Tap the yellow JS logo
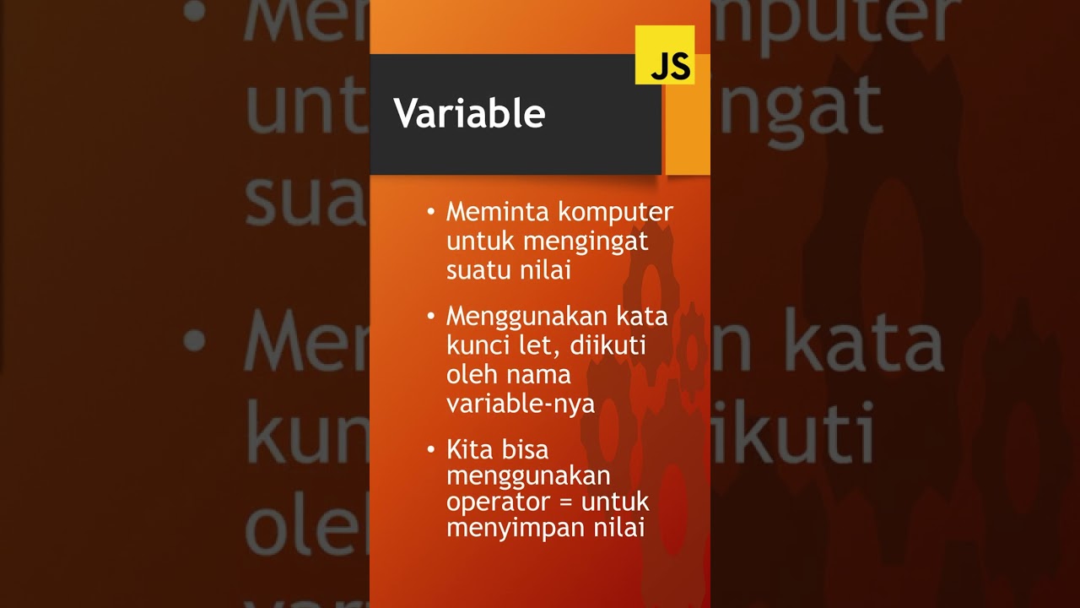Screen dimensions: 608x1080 click(x=665, y=56)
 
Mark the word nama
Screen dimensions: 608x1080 click(x=541, y=374)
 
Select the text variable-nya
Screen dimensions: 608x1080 click(x=521, y=404)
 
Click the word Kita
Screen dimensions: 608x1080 click(x=469, y=449)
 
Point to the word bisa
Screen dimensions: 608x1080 click(x=525, y=449)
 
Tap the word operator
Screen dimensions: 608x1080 click(x=499, y=502)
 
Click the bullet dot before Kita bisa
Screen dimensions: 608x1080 click(x=431, y=448)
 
